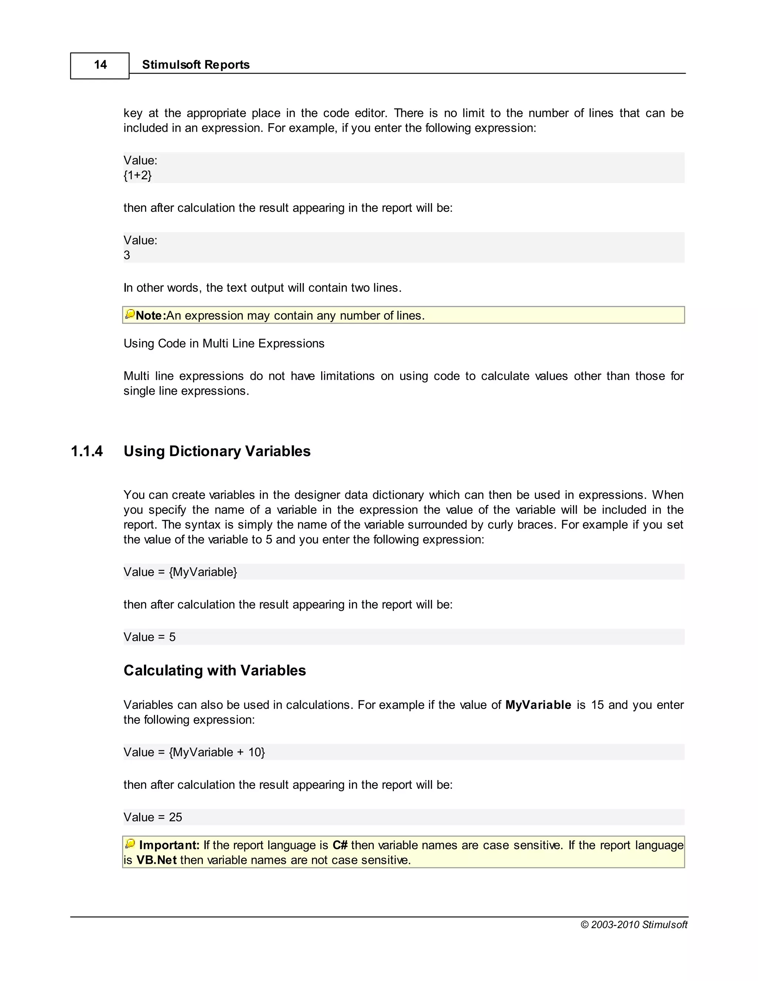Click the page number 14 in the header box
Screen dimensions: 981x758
click(100, 65)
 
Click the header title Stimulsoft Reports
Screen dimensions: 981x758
click(195, 65)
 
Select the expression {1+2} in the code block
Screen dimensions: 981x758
click(137, 175)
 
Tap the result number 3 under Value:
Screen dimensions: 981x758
click(127, 255)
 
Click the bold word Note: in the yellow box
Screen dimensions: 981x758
click(150, 316)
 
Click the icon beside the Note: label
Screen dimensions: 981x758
click(130, 314)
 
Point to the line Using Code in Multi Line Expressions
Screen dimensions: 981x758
click(224, 344)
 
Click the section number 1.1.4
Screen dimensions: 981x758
click(87, 451)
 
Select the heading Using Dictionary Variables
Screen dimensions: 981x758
click(217, 451)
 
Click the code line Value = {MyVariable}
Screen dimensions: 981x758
click(180, 572)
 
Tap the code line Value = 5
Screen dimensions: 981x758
click(150, 637)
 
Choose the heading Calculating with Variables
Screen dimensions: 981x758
click(215, 670)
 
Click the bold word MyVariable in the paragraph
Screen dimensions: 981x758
click(538, 705)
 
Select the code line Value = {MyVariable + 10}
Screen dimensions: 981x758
click(194, 752)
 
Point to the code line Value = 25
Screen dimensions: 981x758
click(153, 817)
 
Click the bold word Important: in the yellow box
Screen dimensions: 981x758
click(169, 846)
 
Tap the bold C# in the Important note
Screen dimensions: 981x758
click(340, 846)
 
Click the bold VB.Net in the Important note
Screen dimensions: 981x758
click(156, 860)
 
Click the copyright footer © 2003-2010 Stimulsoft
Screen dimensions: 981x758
click(634, 924)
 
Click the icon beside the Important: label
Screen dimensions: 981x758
click(130, 844)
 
